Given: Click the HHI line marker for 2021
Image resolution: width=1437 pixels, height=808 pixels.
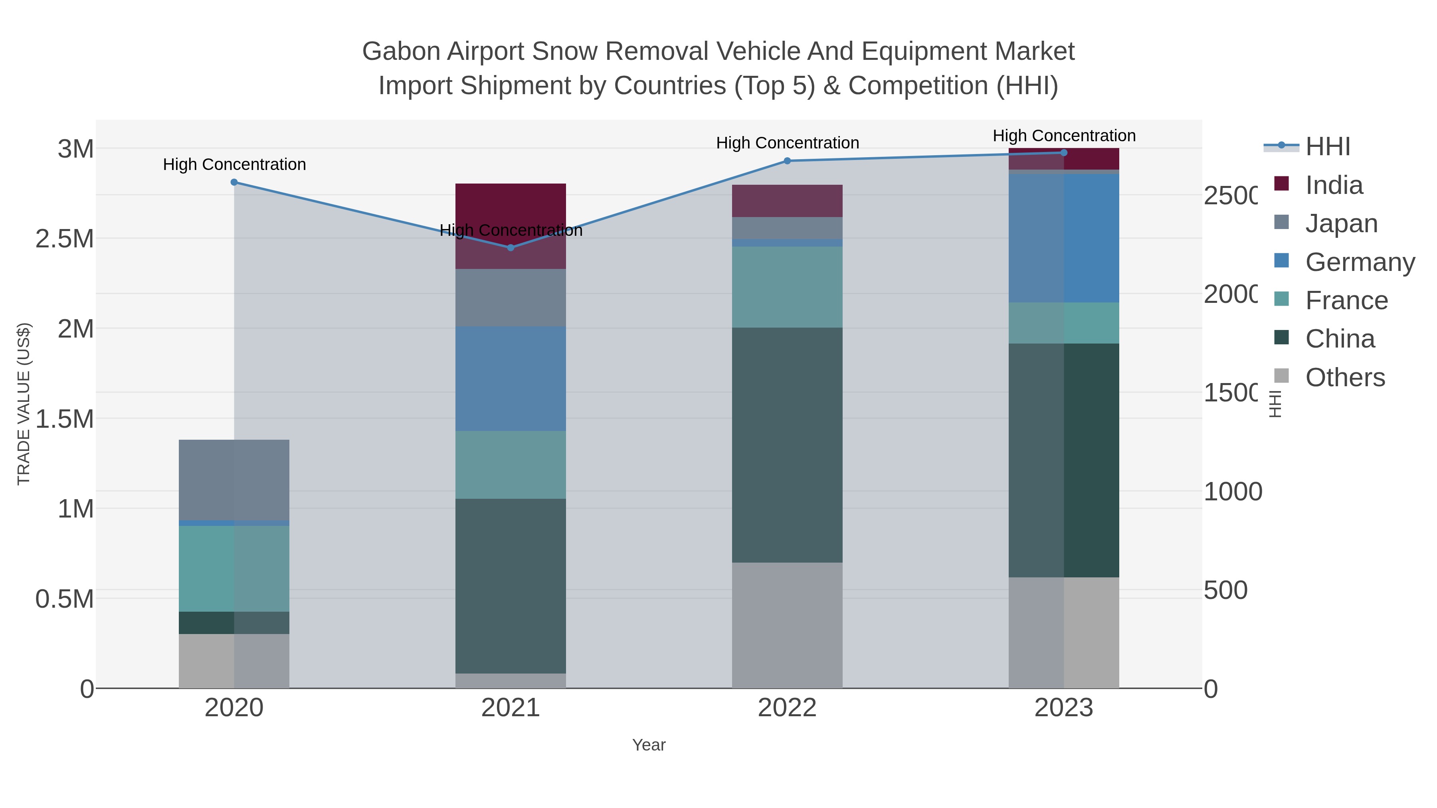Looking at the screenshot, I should (511, 247).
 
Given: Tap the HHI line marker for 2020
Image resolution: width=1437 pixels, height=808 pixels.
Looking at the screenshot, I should (234, 182).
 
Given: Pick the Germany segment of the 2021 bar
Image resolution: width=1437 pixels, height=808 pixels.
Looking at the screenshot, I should (511, 379).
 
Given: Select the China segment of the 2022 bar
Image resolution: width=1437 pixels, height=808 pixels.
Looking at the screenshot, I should (787, 444).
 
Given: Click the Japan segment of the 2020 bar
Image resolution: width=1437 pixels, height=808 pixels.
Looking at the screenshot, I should (234, 480).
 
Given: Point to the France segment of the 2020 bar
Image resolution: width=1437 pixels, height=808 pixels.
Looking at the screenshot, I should (234, 568).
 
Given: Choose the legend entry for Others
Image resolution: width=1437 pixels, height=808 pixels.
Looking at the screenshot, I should (1344, 377).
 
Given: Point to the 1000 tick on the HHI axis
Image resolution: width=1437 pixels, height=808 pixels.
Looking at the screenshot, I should (1232, 492).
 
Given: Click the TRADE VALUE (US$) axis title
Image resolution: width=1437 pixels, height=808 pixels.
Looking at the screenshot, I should (24, 404).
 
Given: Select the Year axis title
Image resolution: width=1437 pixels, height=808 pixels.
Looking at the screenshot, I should (649, 745).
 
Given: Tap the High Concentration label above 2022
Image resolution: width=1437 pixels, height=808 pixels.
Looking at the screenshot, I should (787, 143).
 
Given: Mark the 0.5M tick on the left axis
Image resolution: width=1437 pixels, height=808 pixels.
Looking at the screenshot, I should (65, 599).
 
